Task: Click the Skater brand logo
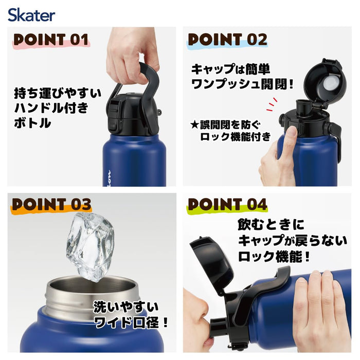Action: pyautogui.click(x=31, y=14)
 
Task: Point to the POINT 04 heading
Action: pyautogui.click(x=227, y=204)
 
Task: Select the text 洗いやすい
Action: pyautogui.click(x=126, y=308)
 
